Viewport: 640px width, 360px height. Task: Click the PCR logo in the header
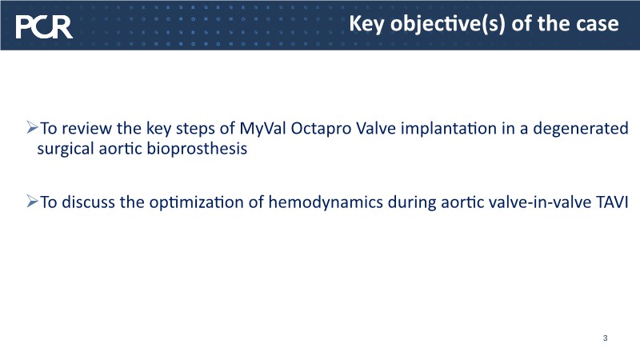tap(44, 27)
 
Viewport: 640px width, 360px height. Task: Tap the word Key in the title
tap(366, 25)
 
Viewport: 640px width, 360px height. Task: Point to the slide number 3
tap(605, 338)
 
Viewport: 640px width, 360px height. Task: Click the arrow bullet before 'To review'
tap(32, 127)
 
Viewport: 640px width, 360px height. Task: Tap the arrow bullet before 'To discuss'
tap(32, 202)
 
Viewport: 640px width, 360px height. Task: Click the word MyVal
tap(262, 129)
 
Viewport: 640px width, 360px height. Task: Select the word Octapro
tap(321, 129)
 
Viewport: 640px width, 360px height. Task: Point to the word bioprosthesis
tap(197, 149)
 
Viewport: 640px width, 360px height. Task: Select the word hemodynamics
tap(326, 202)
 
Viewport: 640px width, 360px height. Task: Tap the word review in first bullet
tap(87, 129)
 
